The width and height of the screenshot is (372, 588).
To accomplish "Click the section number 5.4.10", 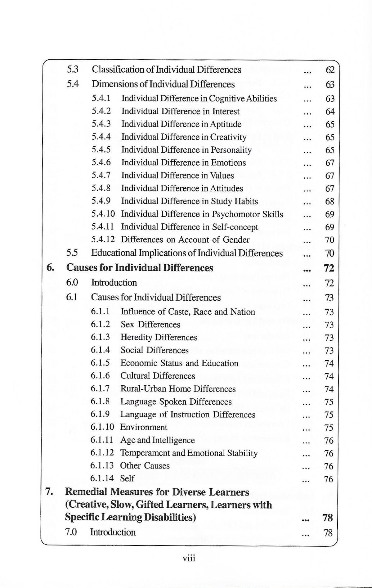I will [x=103, y=214].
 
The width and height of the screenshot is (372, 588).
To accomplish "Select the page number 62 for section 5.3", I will [x=330, y=70].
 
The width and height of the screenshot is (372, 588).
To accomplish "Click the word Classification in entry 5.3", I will [x=118, y=70].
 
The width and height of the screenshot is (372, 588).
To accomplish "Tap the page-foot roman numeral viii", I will [x=189, y=559].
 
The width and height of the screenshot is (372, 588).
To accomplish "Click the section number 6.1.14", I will [x=102, y=478].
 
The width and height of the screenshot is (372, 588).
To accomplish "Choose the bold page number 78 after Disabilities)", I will [x=328, y=518].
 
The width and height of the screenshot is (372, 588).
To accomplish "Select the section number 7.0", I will [x=71, y=532].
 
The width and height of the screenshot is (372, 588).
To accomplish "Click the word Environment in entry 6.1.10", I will [x=144, y=427].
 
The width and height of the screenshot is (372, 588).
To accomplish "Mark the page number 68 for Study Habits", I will [x=330, y=202].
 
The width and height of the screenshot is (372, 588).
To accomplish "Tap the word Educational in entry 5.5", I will [x=114, y=253].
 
